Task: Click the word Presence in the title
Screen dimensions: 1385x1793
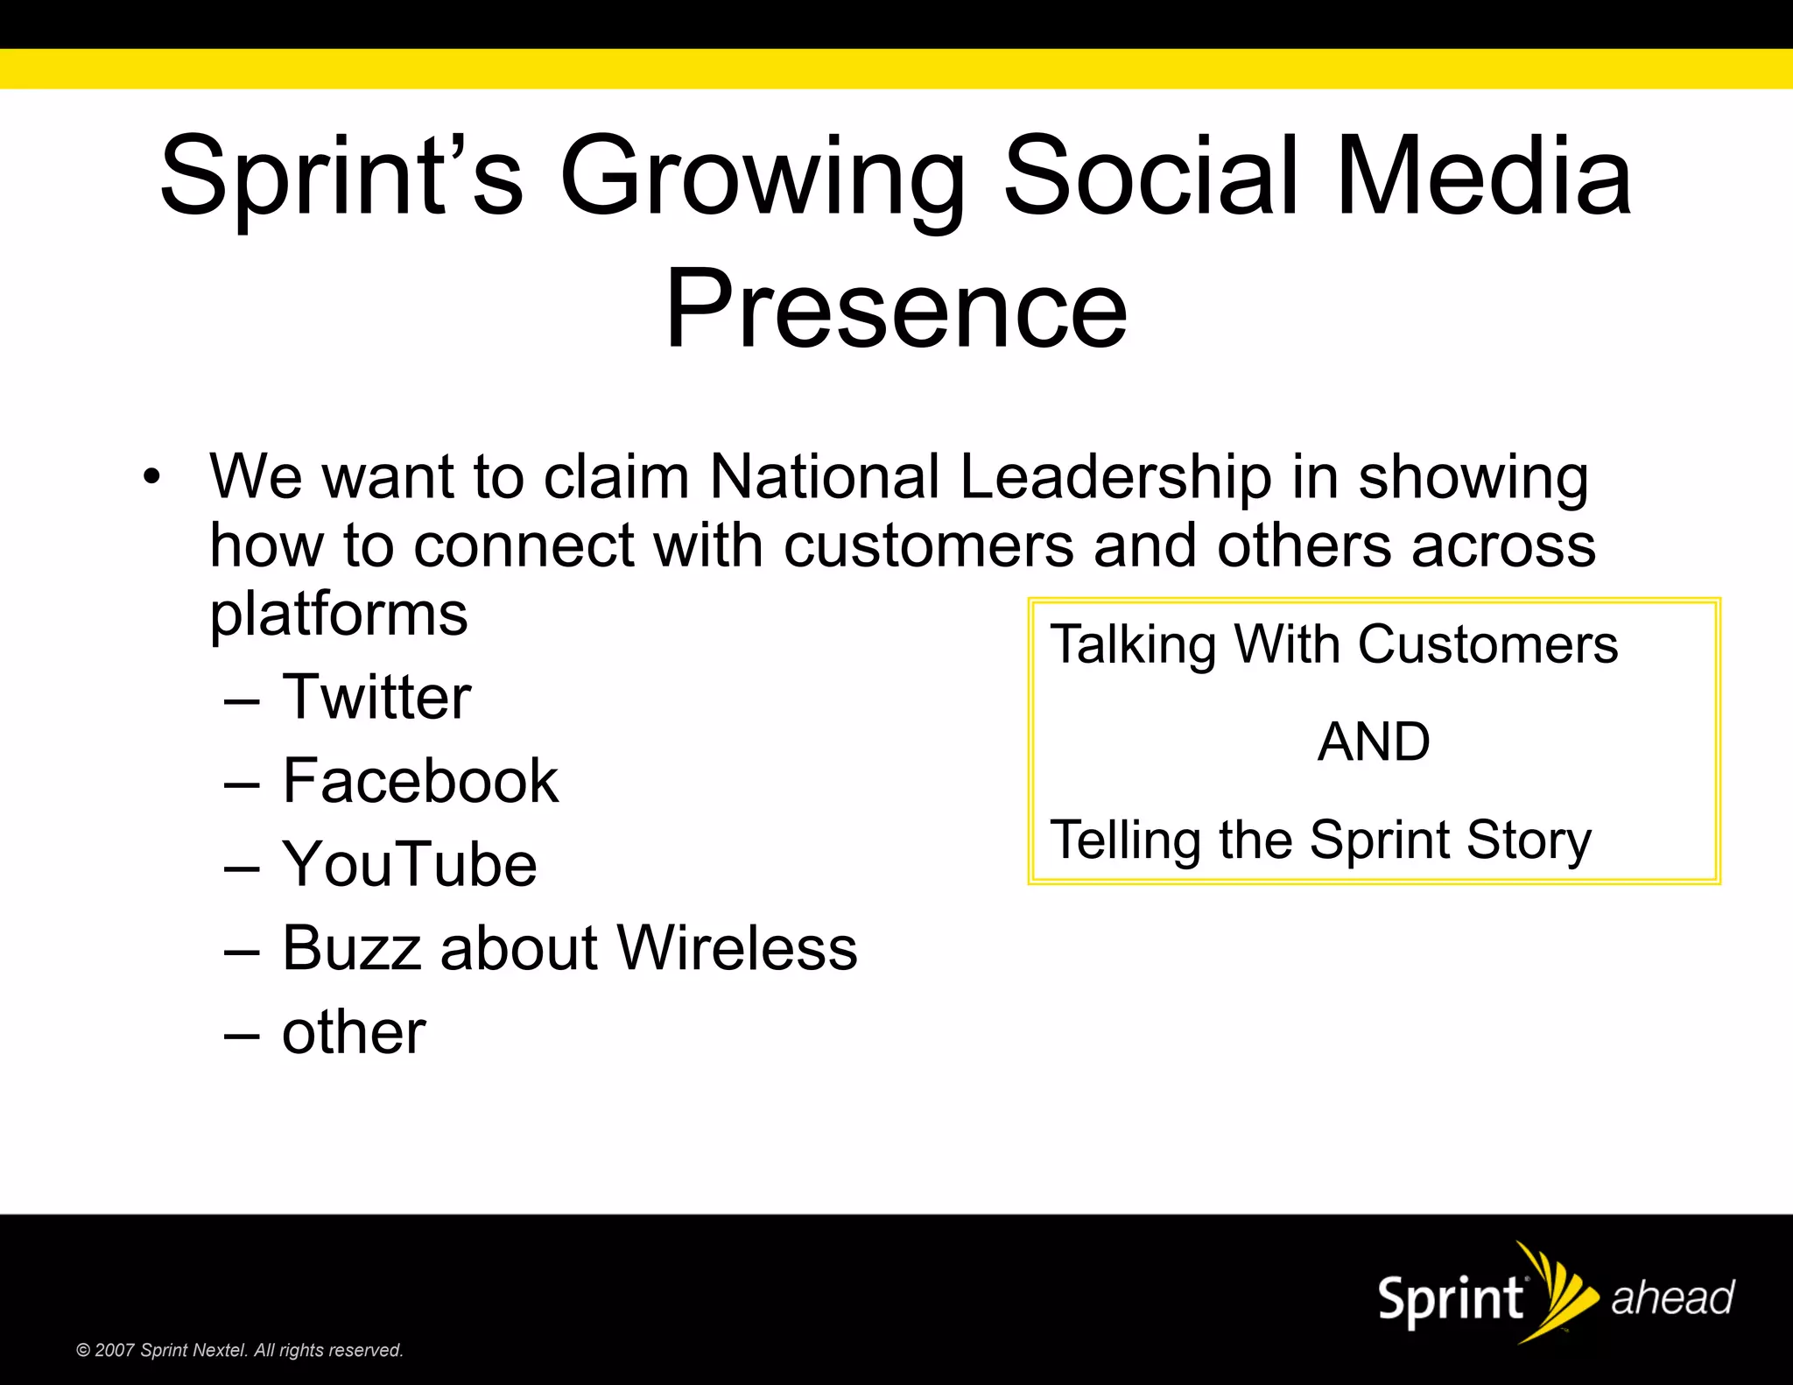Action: (896, 308)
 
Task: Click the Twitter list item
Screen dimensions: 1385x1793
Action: (376, 697)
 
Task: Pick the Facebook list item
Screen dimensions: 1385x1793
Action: (419, 780)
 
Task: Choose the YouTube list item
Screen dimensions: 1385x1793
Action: (409, 864)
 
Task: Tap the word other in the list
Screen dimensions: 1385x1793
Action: (354, 1032)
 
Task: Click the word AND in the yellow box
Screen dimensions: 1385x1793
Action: (1374, 742)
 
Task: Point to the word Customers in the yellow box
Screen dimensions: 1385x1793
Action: (1487, 644)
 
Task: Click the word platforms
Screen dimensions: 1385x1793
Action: (339, 614)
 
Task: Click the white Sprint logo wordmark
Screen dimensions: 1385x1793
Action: (1451, 1298)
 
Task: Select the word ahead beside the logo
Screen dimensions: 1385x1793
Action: (1672, 1297)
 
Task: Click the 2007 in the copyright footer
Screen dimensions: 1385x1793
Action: (114, 1350)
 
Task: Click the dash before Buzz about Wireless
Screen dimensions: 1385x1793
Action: (242, 951)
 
